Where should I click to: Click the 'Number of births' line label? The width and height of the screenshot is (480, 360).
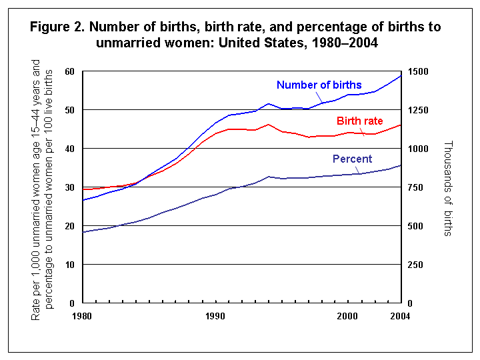(x=319, y=85)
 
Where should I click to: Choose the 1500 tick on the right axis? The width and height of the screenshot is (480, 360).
(x=418, y=71)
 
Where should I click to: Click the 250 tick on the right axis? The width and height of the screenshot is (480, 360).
(x=415, y=265)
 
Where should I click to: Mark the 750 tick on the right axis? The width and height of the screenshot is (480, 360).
(x=415, y=187)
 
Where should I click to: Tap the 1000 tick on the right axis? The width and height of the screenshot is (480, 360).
(x=418, y=149)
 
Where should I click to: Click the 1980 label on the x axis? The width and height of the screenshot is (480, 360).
(x=82, y=315)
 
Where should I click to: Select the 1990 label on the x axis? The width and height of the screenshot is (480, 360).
(x=215, y=315)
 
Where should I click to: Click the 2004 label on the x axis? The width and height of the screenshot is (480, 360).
(x=400, y=315)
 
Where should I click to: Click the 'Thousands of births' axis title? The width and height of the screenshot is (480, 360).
(x=447, y=188)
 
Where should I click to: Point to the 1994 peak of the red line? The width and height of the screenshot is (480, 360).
(x=268, y=124)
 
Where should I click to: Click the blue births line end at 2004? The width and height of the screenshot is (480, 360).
(x=401, y=75)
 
